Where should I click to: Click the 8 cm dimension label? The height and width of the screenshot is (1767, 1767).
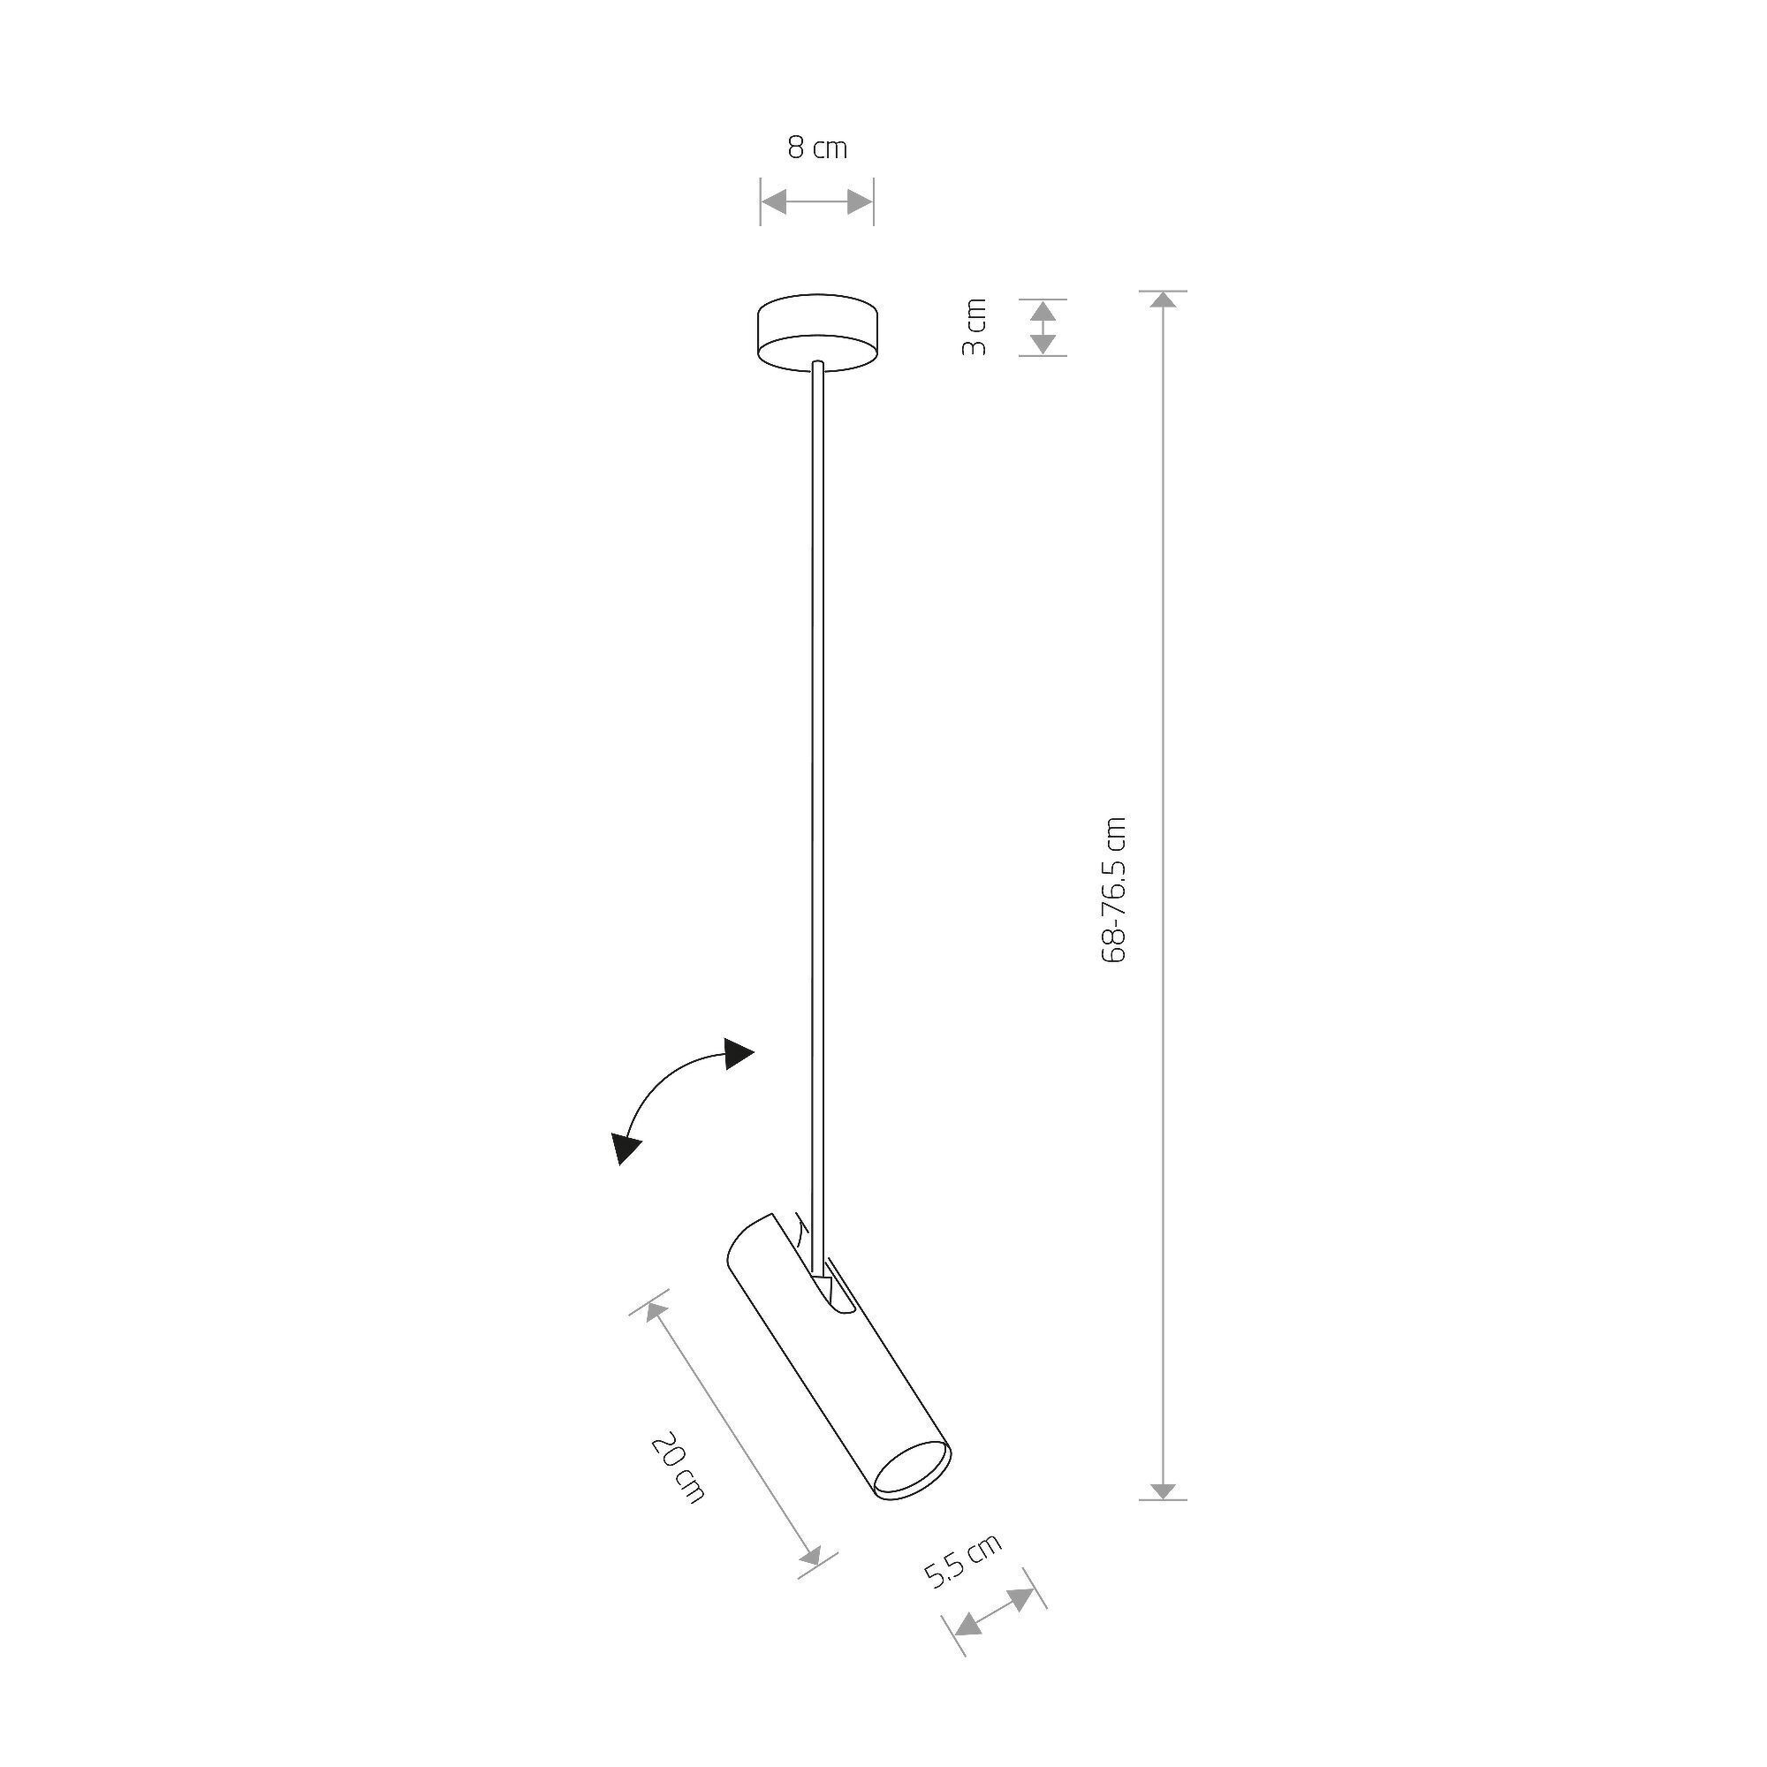(816, 148)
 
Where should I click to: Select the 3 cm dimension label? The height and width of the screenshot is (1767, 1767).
(976, 327)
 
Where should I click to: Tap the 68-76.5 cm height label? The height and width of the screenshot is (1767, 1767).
(1115, 888)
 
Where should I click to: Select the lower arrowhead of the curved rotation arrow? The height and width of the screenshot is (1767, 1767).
(626, 1147)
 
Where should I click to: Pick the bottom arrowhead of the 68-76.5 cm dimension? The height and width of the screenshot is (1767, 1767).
(1163, 1490)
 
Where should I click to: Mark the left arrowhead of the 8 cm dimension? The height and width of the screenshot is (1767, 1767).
(774, 202)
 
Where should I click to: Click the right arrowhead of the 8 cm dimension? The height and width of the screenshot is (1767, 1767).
(861, 202)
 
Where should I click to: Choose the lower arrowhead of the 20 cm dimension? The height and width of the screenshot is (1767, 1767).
(810, 1556)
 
